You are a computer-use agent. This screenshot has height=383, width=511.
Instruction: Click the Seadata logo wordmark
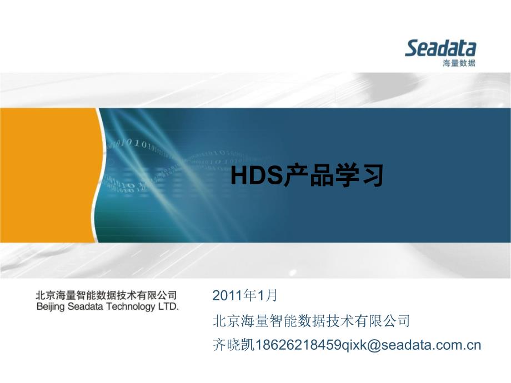point(440,48)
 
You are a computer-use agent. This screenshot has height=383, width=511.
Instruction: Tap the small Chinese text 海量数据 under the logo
point(459,63)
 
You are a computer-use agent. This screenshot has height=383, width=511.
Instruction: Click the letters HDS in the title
point(257,175)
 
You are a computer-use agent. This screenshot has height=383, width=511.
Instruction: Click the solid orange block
point(49,175)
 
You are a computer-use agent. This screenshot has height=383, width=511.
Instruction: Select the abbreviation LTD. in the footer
point(168,306)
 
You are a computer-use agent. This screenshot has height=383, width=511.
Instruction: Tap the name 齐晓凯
point(233,345)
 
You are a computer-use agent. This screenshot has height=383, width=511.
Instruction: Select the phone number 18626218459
point(298,345)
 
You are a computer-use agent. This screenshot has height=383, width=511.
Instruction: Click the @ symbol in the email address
point(374,345)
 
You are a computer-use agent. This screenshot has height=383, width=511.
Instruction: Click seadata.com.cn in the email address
point(431,345)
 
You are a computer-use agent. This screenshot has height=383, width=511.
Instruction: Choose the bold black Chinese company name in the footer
point(107,296)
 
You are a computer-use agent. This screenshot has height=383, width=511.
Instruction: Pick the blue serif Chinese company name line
point(311,320)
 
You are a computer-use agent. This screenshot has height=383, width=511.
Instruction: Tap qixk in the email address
point(354,345)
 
